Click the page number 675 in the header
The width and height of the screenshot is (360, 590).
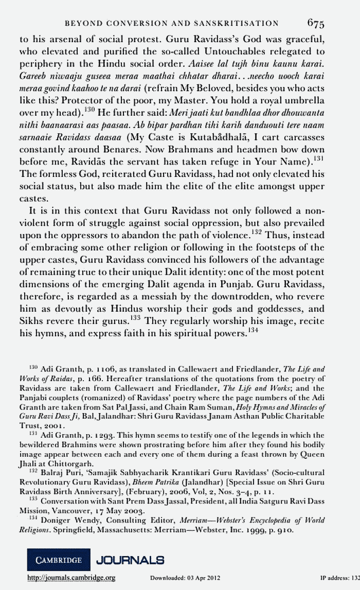[x=315, y=23]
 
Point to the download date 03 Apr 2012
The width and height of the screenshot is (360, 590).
[x=204, y=578]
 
